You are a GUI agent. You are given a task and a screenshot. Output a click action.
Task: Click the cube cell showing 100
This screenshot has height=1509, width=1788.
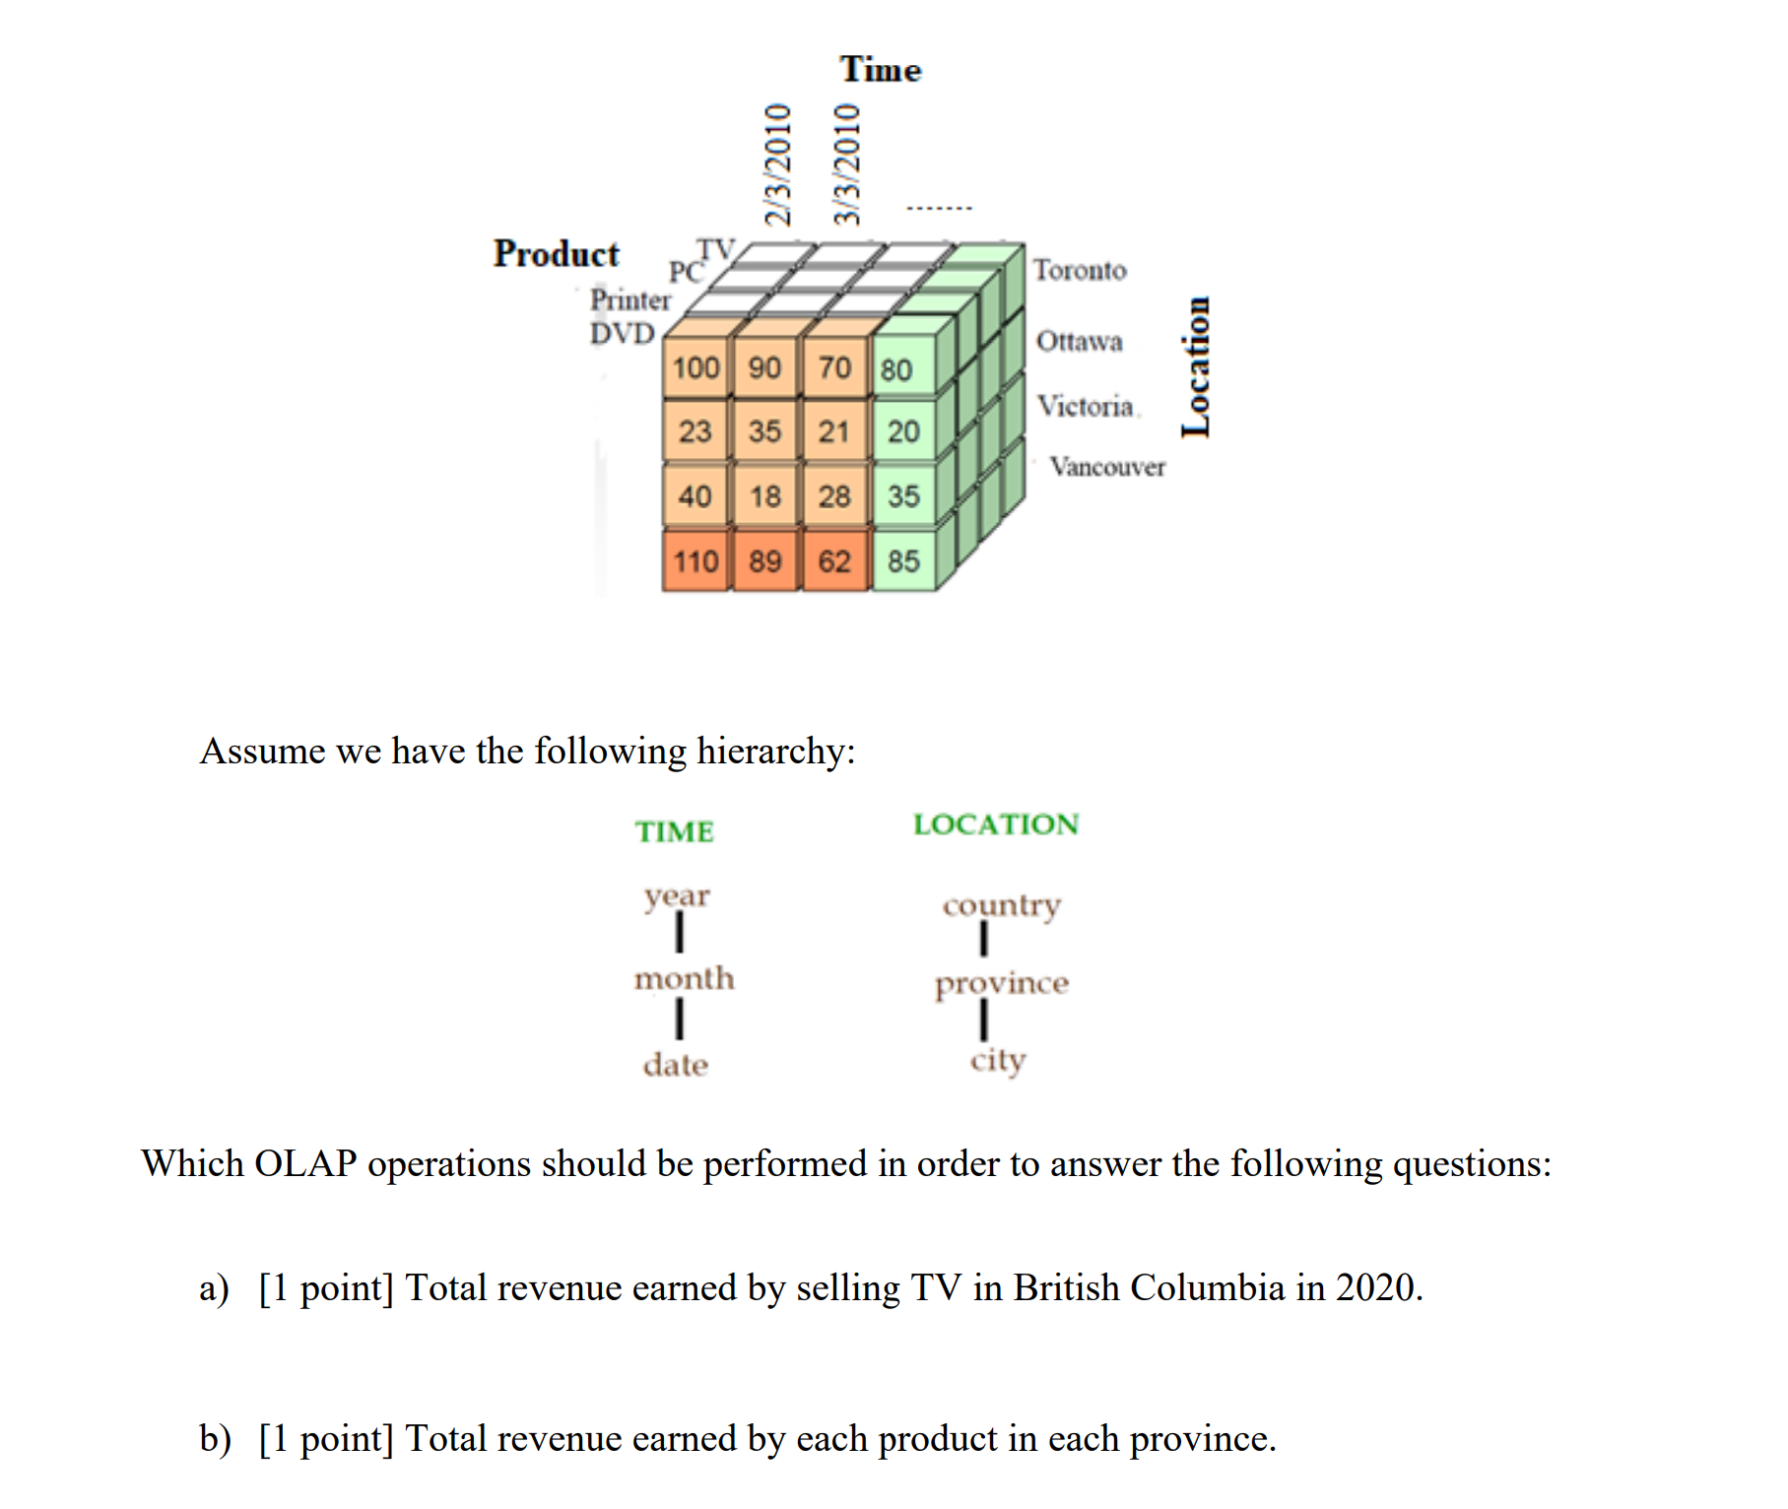point(695,368)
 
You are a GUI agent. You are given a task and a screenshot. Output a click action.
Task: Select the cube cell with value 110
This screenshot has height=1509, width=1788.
point(695,561)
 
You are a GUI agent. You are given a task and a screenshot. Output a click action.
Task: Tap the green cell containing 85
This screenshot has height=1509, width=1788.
point(903,561)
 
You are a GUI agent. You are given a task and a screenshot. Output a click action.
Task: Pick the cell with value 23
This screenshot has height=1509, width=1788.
point(695,431)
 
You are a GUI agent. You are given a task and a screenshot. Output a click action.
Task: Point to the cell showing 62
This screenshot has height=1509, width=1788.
point(834,561)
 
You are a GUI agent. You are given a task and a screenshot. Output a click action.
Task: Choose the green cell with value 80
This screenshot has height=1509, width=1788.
point(896,370)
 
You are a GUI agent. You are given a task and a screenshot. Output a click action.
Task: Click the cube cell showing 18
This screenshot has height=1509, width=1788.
point(765,496)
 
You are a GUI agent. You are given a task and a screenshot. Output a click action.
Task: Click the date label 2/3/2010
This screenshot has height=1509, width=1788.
point(778,164)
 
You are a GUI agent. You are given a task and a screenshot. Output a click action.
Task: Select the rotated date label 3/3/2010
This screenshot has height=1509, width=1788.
point(847,164)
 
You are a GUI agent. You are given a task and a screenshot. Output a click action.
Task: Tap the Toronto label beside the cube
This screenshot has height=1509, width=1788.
point(1080,270)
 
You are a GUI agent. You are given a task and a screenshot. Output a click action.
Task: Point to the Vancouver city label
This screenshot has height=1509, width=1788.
point(1107,467)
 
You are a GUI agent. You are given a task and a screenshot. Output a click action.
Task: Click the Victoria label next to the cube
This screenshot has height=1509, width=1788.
point(1086,406)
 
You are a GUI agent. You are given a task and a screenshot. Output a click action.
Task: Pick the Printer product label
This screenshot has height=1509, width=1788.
point(630,299)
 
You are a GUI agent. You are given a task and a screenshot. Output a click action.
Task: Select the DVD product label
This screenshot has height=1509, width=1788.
point(623,333)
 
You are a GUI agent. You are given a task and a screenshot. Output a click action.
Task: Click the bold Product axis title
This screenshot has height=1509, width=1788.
point(557,254)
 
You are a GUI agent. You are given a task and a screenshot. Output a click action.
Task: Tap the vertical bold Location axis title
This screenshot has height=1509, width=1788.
point(1196,366)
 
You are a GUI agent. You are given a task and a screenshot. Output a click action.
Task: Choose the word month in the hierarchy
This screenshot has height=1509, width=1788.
point(685,978)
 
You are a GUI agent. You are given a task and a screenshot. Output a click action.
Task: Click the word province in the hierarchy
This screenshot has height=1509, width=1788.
point(1002,983)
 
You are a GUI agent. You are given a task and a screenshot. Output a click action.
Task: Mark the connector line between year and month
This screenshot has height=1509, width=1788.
point(679,933)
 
